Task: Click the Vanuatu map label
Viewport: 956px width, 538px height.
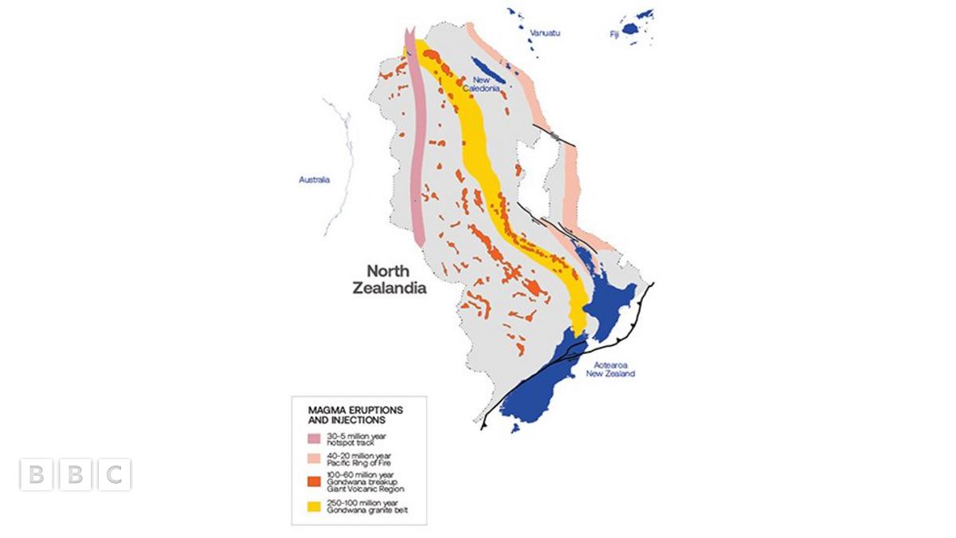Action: (546, 32)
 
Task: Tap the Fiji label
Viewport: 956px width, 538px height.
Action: (614, 34)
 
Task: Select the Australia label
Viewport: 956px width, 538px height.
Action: (314, 180)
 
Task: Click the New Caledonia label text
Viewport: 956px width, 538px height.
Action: (486, 84)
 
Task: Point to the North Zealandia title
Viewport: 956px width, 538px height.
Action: (389, 279)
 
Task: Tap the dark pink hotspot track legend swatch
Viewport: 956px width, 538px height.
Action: (313, 439)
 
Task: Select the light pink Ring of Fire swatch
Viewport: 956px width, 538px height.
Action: (313, 460)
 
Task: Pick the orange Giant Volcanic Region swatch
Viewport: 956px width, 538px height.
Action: (313, 481)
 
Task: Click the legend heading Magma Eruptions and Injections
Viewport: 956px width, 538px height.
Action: (355, 414)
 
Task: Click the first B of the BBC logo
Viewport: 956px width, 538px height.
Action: (35, 475)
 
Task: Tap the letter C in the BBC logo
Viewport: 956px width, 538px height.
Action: (115, 475)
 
